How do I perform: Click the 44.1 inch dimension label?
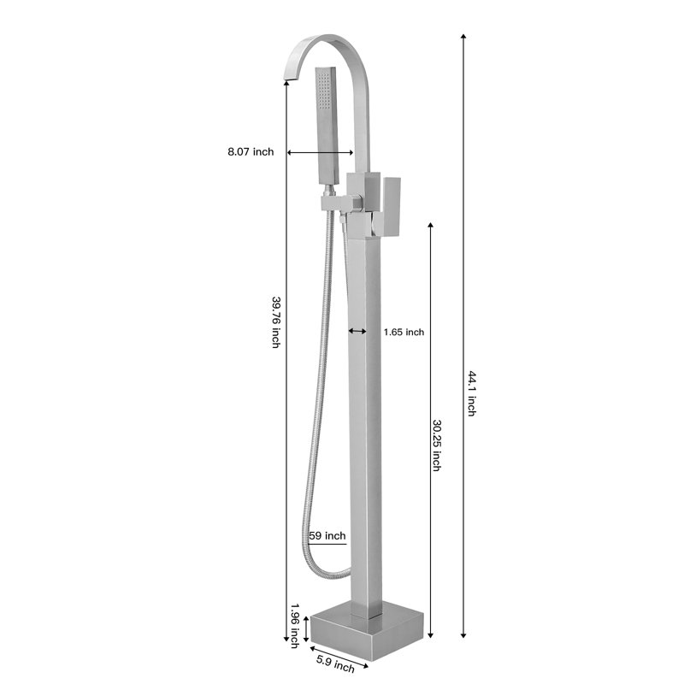[x=472, y=393]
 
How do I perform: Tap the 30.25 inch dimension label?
[x=436, y=445]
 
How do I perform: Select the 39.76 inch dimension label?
[x=275, y=322]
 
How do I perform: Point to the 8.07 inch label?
[x=251, y=152]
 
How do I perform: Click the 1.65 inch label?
[x=404, y=332]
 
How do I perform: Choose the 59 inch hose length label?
[x=327, y=535]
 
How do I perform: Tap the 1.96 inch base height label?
[x=295, y=626]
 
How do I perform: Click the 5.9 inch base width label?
[x=335, y=664]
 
